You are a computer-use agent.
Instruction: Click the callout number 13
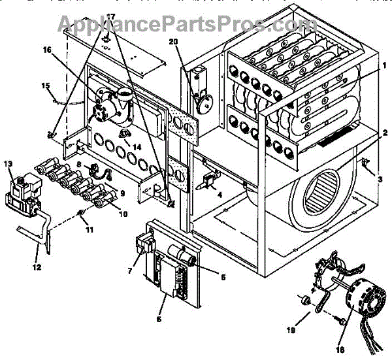8,163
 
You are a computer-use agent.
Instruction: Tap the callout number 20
172,41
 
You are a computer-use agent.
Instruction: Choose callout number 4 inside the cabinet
220,194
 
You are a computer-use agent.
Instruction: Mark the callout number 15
46,86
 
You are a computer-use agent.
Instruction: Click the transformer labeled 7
144,247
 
